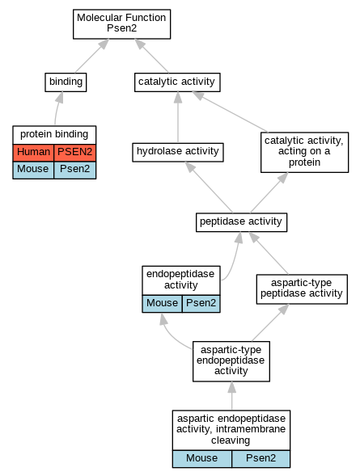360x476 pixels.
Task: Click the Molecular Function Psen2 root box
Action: coord(121,24)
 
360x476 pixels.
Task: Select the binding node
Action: coord(66,82)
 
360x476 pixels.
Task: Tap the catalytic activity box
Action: coord(177,82)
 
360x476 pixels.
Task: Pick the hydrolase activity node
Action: coord(178,152)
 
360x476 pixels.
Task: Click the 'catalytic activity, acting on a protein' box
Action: coord(304,152)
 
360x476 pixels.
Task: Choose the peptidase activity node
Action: coord(241,222)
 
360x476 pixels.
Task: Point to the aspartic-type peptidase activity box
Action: coord(302,289)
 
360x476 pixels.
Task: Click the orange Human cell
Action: coord(33,153)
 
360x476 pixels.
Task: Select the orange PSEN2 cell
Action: coord(75,153)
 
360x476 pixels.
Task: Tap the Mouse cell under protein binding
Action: coord(33,170)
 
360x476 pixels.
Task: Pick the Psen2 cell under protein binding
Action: coord(75,170)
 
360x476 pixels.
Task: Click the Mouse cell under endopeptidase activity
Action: coord(163,304)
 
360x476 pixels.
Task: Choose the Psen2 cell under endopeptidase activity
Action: coord(201,304)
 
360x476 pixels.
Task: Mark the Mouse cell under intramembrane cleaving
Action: coord(202,459)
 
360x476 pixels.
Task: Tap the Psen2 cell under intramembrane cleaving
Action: coord(261,459)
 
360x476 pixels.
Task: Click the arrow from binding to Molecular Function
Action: coord(91,56)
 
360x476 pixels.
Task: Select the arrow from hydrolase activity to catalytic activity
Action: coord(178,117)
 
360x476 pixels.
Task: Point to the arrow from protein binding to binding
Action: coord(57,108)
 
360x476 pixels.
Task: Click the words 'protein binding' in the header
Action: coord(54,134)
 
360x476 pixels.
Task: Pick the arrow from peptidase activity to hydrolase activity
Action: coord(209,187)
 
